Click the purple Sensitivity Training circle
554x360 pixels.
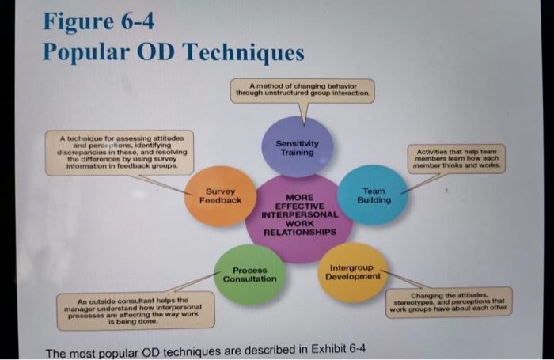(298, 146)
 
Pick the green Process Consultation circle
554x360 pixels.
(249, 275)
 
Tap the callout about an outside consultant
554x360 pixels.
(135, 311)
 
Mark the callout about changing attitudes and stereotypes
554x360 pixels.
(450, 301)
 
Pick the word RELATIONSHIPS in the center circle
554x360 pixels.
(299, 233)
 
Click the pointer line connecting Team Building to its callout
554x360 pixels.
(421, 184)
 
